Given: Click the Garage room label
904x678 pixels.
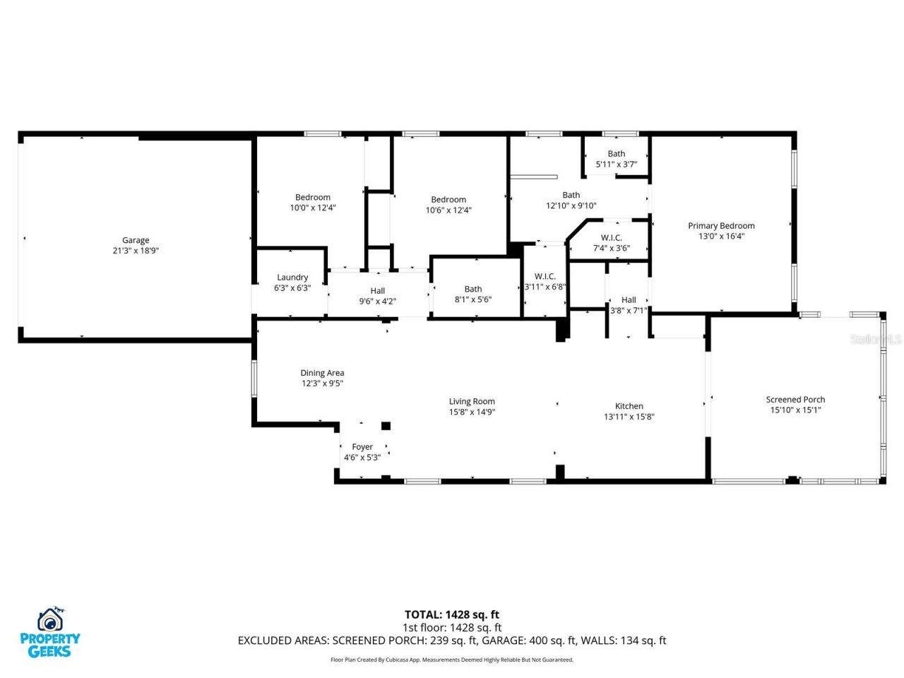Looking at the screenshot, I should pyautogui.click(x=136, y=240).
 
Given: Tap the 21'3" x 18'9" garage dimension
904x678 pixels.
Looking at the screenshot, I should pyautogui.click(x=136, y=251).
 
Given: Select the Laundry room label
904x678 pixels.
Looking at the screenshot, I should pyautogui.click(x=292, y=278).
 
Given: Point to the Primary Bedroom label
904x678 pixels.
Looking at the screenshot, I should pyautogui.click(x=721, y=226).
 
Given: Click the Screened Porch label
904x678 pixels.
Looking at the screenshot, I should pyautogui.click(x=795, y=400).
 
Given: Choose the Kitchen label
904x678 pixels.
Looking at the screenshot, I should pyautogui.click(x=629, y=406).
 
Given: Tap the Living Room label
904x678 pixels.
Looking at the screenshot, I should pyautogui.click(x=472, y=402).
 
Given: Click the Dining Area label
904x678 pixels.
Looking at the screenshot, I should pyautogui.click(x=322, y=373).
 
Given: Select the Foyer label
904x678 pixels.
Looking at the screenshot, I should pyautogui.click(x=362, y=447).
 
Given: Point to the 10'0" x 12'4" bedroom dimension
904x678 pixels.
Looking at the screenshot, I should pyautogui.click(x=313, y=208).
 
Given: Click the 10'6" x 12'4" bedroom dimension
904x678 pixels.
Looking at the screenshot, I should pyautogui.click(x=448, y=210).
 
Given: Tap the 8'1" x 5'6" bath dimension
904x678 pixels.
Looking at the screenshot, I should pyautogui.click(x=473, y=299).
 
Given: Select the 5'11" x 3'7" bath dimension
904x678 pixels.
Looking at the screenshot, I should pyautogui.click(x=617, y=164).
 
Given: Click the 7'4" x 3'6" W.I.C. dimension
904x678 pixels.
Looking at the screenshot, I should pyautogui.click(x=611, y=248).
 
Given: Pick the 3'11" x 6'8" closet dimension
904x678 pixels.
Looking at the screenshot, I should pyautogui.click(x=545, y=287).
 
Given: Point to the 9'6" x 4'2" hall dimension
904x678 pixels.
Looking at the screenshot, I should pyautogui.click(x=378, y=301).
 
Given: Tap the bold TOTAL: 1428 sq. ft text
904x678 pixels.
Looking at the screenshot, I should pyautogui.click(x=452, y=614).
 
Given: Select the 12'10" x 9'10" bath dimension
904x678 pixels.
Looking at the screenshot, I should pyautogui.click(x=571, y=206).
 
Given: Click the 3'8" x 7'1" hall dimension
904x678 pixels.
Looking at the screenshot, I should pyautogui.click(x=629, y=310).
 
